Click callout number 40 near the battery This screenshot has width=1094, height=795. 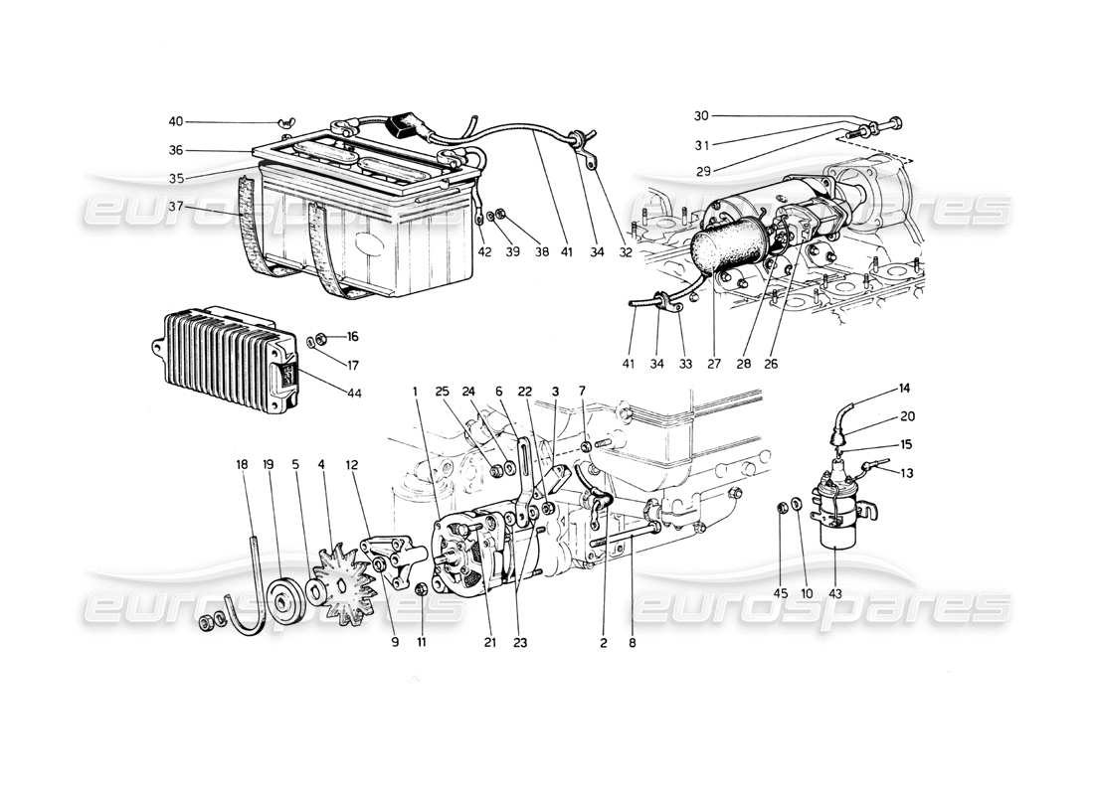click(176, 122)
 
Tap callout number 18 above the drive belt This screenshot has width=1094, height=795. click(242, 464)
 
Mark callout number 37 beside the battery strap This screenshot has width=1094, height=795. click(176, 209)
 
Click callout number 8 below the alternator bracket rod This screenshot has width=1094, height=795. click(634, 643)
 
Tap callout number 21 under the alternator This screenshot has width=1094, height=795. click(490, 643)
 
